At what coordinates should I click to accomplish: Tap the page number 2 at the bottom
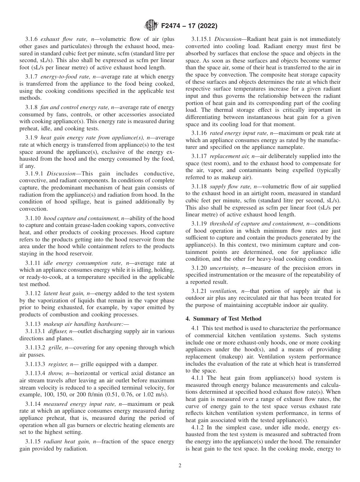click(x=180, y=466)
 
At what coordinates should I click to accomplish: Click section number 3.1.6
click(x=31, y=39)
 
